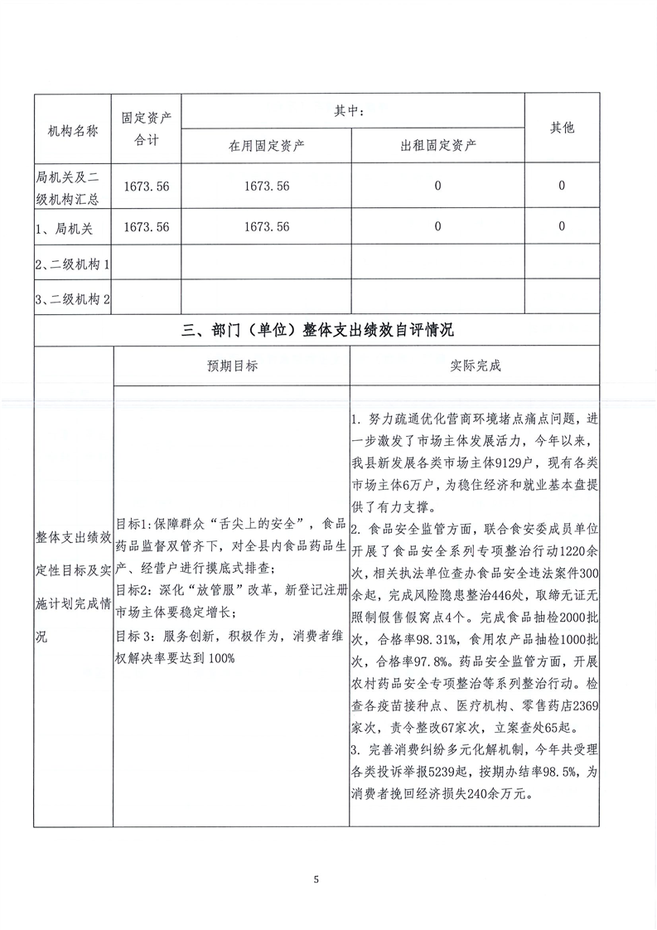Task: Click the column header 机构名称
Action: pyautogui.click(x=74, y=131)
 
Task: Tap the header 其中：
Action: pyautogui.click(x=353, y=111)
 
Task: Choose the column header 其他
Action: pyautogui.click(x=563, y=128)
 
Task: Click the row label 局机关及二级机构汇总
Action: pyautogui.click(x=74, y=186)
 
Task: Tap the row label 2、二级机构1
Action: pyautogui.click(x=74, y=264)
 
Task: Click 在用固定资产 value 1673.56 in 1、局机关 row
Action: pyautogui.click(x=267, y=226)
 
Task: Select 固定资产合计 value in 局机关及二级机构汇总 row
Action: pyautogui.click(x=146, y=186)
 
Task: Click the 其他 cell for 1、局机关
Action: pyautogui.click(x=562, y=226)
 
